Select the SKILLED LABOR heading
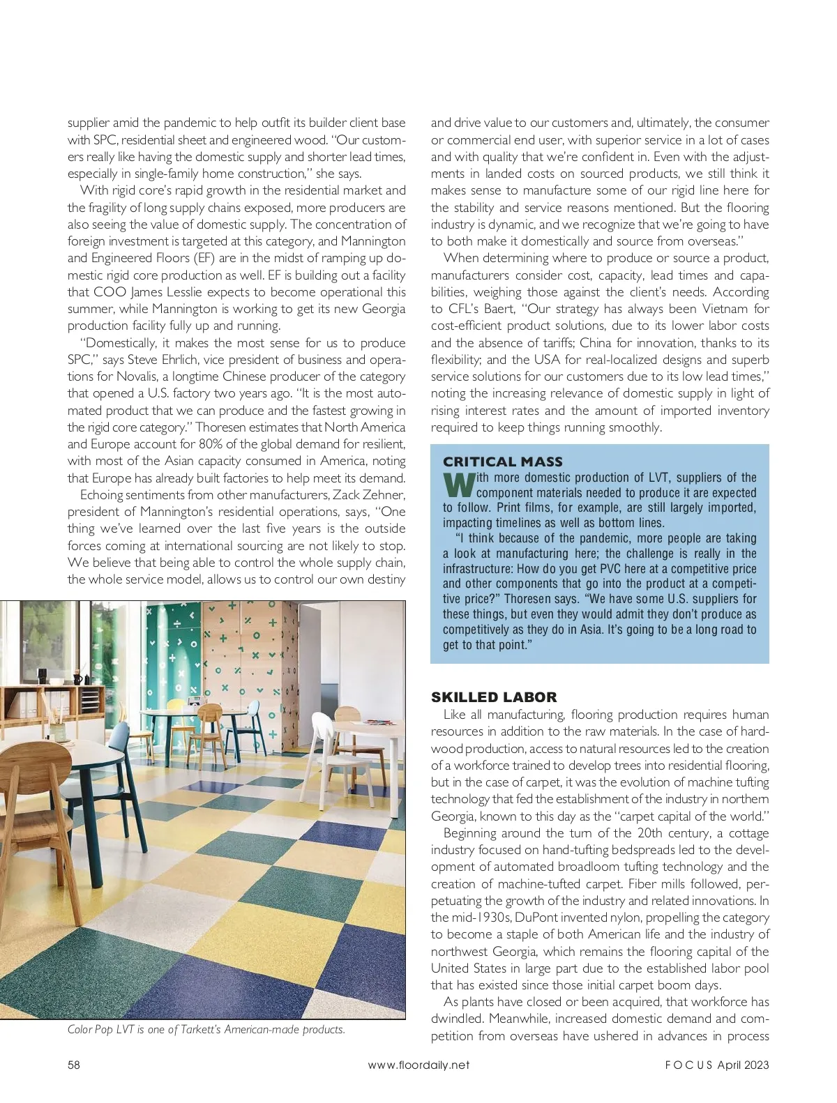[494, 697]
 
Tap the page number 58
[74, 1065]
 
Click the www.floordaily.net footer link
[418, 1065]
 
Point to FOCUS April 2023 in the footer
[716, 1065]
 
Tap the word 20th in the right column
[648, 833]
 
